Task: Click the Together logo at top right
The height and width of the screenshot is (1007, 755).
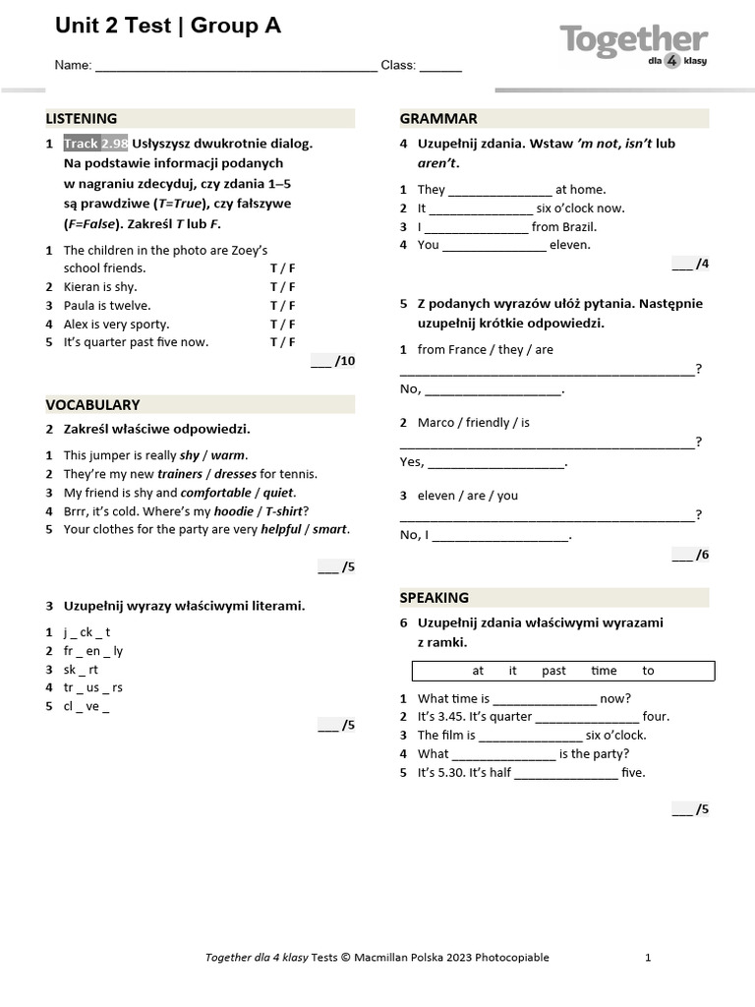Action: pyautogui.click(x=633, y=45)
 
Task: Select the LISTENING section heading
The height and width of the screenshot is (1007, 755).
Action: pyautogui.click(x=82, y=119)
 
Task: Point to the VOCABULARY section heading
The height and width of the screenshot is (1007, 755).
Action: pyautogui.click(x=92, y=405)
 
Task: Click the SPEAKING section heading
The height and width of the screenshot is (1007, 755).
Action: pyautogui.click(x=435, y=598)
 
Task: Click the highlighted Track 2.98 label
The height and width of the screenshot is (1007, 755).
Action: pyautogui.click(x=96, y=144)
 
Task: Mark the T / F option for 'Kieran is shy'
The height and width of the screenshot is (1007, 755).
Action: pyautogui.click(x=282, y=287)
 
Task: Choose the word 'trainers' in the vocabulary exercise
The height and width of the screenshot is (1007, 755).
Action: pyautogui.click(x=180, y=474)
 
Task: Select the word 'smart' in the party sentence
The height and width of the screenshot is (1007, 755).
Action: pyautogui.click(x=330, y=529)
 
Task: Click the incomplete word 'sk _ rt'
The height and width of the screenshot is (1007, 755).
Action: pyautogui.click(x=81, y=670)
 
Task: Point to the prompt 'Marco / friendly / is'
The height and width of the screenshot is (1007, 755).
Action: pyautogui.click(x=474, y=423)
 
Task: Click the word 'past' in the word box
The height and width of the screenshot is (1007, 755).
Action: pyautogui.click(x=553, y=671)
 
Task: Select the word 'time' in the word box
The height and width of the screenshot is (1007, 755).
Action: pyautogui.click(x=604, y=671)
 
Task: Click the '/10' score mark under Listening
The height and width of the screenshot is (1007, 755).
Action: pyautogui.click(x=333, y=362)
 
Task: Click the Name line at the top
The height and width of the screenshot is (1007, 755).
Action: pyautogui.click(x=236, y=67)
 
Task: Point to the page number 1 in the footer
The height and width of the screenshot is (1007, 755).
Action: pyautogui.click(x=648, y=958)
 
